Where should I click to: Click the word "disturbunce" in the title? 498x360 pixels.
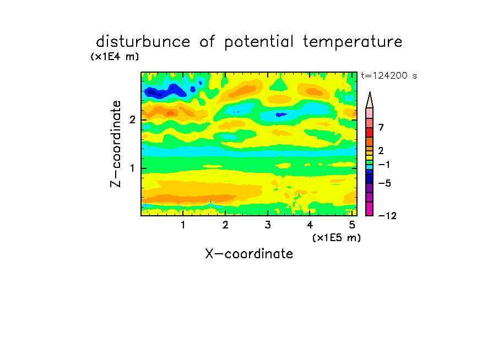pos(143,42)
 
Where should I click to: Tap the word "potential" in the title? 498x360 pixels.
pos(259,42)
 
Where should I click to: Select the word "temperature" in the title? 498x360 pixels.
pos(353,42)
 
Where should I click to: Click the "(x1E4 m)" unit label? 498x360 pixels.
pos(115,57)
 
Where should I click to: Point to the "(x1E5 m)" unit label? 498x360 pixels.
pos(337,237)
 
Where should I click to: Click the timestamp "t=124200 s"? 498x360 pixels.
pos(389,75)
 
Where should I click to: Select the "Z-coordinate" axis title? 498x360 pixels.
pos(116,144)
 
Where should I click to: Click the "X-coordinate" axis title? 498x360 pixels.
pos(249,254)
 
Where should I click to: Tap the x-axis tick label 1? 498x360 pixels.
pos(183,225)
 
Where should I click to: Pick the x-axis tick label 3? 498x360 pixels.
pos(268,225)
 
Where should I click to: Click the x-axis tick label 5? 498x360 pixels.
pos(352,225)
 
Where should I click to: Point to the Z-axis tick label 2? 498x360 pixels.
pos(132,120)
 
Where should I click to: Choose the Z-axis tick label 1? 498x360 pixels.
pos(132,168)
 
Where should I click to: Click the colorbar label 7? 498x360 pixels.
pos(381,128)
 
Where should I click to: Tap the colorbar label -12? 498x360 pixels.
pos(387,216)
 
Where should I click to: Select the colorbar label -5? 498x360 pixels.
pos(385,183)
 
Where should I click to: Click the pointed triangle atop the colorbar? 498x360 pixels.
pos(370,100)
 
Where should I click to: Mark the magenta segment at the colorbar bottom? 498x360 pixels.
pos(370,209)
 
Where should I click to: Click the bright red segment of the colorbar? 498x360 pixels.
pos(370,132)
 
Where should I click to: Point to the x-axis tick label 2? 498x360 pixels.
pos(225,225)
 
